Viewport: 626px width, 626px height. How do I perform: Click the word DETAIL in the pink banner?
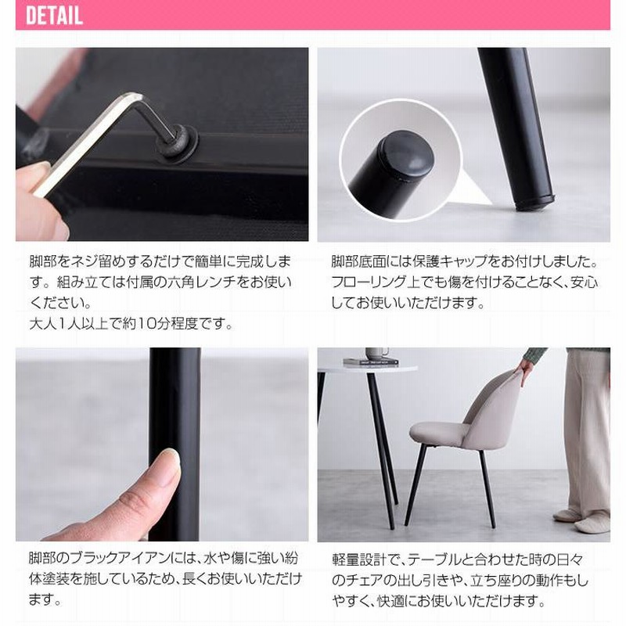[x=54, y=16]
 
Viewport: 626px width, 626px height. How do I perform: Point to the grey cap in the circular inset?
[x=406, y=153]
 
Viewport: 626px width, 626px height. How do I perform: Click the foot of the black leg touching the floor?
[x=536, y=203]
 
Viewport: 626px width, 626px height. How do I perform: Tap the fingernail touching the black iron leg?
[x=170, y=456]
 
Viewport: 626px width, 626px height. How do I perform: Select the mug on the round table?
[x=376, y=354]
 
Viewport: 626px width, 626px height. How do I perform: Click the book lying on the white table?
[x=370, y=362]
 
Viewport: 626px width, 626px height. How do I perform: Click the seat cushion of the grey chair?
[x=439, y=434]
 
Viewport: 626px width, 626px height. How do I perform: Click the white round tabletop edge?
[x=367, y=369]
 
